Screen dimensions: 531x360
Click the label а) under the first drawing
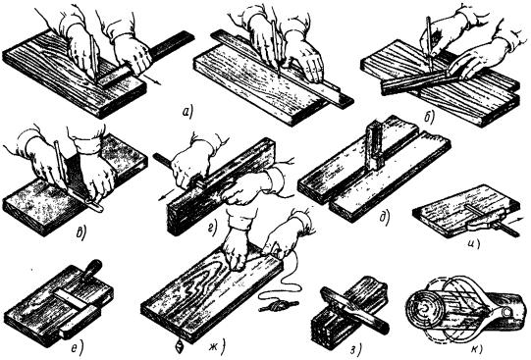pos(187,113)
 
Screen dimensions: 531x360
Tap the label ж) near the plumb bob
pos(220,346)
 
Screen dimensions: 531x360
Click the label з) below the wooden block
pos(355,349)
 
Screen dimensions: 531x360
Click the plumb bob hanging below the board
pos(180,347)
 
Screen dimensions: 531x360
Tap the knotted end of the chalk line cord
pos(279,306)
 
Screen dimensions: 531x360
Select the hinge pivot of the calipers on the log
pos(507,311)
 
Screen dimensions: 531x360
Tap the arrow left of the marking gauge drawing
pos(165,197)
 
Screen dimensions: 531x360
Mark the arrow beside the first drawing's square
pos(152,80)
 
